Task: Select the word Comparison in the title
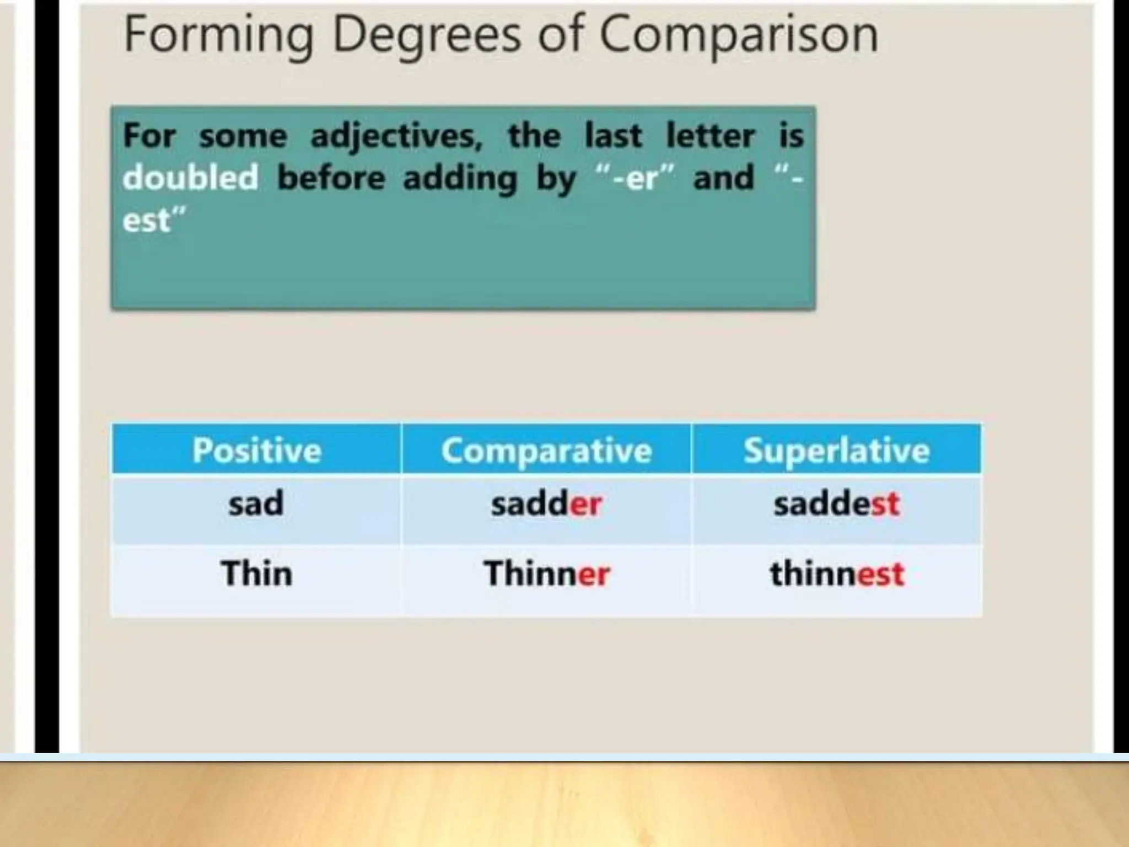pyautogui.click(x=738, y=35)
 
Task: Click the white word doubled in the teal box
pyautogui.click(x=190, y=178)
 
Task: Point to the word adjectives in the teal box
pyautogui.click(x=396, y=137)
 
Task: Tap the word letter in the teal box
pyautogui.click(x=711, y=136)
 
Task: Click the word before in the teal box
pyautogui.click(x=331, y=178)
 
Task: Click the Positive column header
pyautogui.click(x=256, y=450)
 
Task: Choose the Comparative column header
pyautogui.click(x=546, y=450)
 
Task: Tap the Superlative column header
pyautogui.click(x=836, y=450)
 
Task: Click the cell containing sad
pyautogui.click(x=256, y=503)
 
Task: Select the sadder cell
pyautogui.click(x=546, y=503)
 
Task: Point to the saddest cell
pyautogui.click(x=836, y=503)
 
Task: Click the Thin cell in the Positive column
pyautogui.click(x=256, y=573)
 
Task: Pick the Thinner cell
pyautogui.click(x=546, y=573)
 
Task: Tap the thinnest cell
pyautogui.click(x=836, y=573)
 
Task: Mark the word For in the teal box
pyautogui.click(x=149, y=136)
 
